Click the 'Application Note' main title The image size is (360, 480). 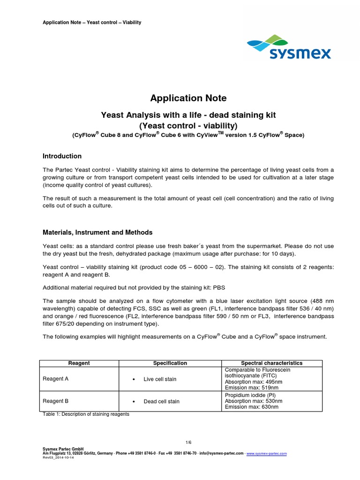[x=188, y=98]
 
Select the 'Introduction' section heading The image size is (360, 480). [x=62, y=156]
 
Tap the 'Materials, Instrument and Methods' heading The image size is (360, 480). [x=97, y=232]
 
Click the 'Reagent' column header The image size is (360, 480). [x=79, y=363]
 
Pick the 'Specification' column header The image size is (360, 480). [x=170, y=363]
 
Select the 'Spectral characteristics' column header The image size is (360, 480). [x=271, y=363]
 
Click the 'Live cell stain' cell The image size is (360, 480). [x=160, y=379]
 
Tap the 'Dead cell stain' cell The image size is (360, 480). [x=161, y=402]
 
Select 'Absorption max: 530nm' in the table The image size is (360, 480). [x=254, y=401]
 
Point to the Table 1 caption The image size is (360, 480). [x=86, y=414]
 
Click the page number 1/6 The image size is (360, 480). [x=188, y=442]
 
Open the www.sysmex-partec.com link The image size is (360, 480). [x=266, y=454]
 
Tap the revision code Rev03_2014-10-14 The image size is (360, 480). [x=59, y=458]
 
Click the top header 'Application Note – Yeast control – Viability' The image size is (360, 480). [x=91, y=22]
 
